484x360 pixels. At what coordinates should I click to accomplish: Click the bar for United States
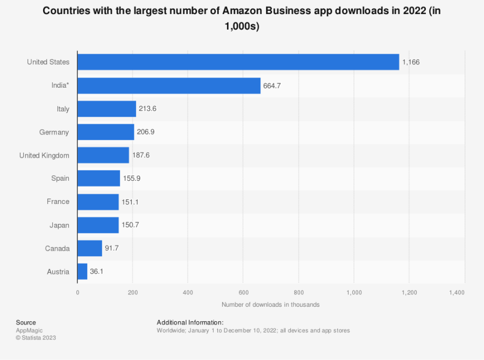(238, 62)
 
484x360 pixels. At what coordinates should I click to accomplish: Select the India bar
(169, 86)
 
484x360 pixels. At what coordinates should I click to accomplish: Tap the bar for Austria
(82, 271)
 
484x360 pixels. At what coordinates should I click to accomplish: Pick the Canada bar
(90, 248)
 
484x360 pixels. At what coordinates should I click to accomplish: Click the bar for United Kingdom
(103, 155)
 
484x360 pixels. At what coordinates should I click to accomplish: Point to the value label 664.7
(272, 86)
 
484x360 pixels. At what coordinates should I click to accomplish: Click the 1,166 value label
(411, 62)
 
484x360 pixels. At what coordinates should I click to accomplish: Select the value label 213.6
(147, 109)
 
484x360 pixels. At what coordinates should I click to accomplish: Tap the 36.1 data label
(97, 271)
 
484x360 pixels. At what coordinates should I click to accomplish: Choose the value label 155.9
(132, 179)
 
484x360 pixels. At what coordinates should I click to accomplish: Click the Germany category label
(54, 132)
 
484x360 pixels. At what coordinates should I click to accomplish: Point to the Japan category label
(60, 225)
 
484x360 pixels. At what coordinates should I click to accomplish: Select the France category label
(58, 202)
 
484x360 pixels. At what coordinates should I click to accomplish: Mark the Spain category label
(60, 179)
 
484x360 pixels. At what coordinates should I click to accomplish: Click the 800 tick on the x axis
(299, 292)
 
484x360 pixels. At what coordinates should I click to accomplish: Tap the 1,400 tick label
(457, 292)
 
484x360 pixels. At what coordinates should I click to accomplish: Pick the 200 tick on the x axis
(133, 292)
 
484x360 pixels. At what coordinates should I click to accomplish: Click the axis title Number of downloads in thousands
(271, 305)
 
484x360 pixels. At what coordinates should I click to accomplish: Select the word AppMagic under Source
(30, 330)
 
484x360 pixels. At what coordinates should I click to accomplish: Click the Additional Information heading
(190, 322)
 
